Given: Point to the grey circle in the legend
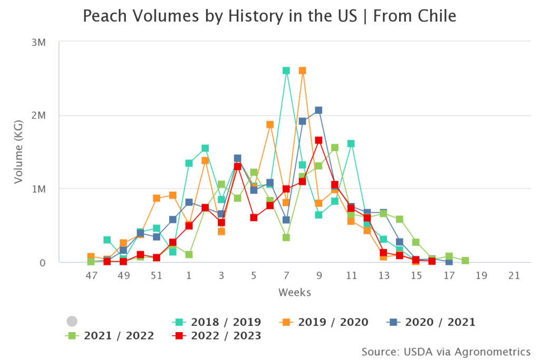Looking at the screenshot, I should click(72, 321).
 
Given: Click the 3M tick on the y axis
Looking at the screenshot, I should click(40, 42).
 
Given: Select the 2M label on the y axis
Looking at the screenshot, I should click(40, 115).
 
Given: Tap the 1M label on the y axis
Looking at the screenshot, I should click(40, 189).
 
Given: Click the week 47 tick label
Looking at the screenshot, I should click(91, 276).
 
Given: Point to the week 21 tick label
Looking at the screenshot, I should click(514, 276).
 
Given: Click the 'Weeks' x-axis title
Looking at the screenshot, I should click(294, 292).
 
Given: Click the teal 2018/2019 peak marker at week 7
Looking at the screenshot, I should click(286, 71).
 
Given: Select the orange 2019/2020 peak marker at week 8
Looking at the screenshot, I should click(302, 71).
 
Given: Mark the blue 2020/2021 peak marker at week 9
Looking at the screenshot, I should click(319, 110).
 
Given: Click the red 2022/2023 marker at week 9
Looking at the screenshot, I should click(319, 140).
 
